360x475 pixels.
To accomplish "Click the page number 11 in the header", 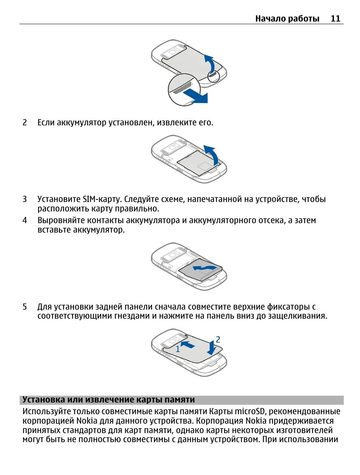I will [x=335, y=19].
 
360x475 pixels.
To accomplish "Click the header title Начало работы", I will [x=287, y=19].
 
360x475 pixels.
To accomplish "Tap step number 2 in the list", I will [x=25, y=122].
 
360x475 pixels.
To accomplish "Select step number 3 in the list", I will [x=25, y=199].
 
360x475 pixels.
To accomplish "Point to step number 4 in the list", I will [x=25, y=220].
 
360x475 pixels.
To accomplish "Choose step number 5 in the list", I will [x=25, y=307].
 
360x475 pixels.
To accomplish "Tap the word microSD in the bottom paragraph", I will [x=250, y=411].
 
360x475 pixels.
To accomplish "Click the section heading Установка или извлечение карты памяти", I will [x=109, y=400].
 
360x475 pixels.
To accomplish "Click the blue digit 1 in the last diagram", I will [x=178, y=349].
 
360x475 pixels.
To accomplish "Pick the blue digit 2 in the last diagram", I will [x=218, y=339].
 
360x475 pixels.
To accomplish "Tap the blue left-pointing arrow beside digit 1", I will [x=188, y=344].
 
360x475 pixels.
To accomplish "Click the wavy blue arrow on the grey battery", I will [x=205, y=268].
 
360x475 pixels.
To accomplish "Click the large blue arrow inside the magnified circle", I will [x=196, y=96].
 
